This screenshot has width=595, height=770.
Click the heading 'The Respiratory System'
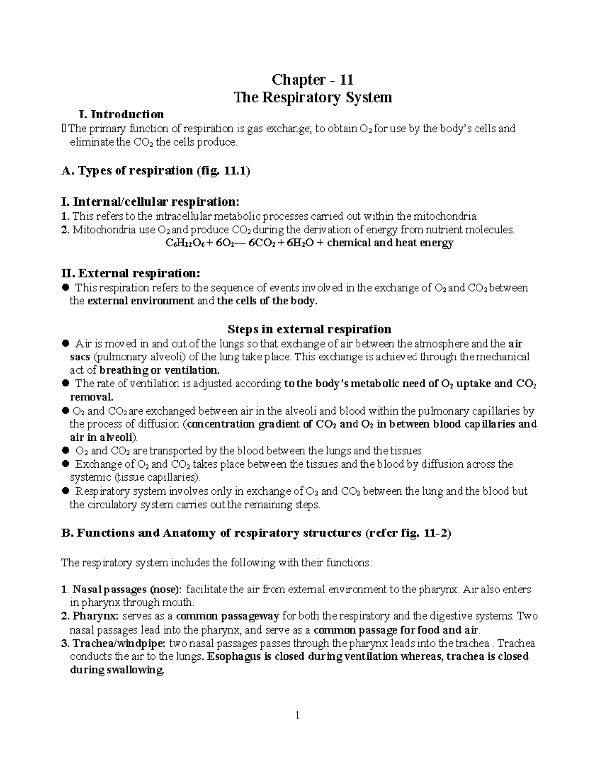coord(312,97)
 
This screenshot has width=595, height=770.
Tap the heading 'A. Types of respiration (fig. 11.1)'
coord(155,171)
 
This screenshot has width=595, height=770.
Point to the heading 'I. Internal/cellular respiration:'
coord(150,202)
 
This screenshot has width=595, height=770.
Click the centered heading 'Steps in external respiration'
coord(309,329)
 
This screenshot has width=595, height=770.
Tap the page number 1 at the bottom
coord(297,715)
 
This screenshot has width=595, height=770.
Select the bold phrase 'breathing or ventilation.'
coord(159,370)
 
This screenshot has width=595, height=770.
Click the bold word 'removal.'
coord(92,397)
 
